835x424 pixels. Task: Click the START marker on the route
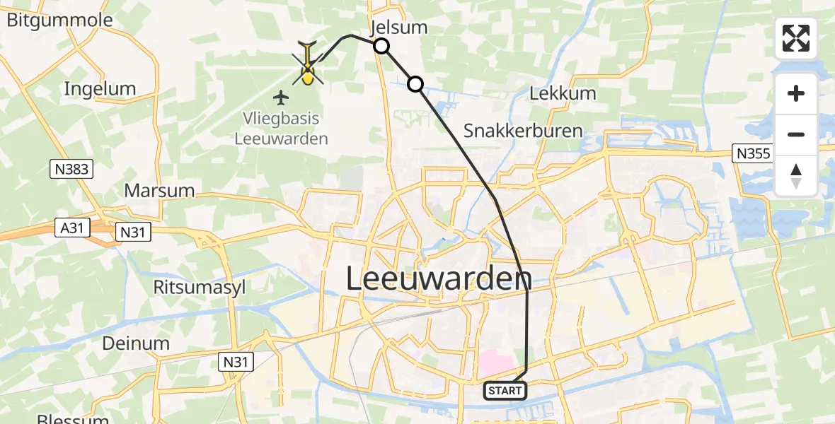pyautogui.click(x=505, y=390)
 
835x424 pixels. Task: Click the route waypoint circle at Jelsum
pyautogui.click(x=381, y=47)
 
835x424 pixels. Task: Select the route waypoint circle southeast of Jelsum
pyautogui.click(x=415, y=85)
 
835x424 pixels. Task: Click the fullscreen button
pyautogui.click(x=796, y=38)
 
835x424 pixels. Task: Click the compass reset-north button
pyautogui.click(x=796, y=175)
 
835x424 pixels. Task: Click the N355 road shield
pyautogui.click(x=751, y=153)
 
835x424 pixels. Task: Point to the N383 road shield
pyautogui.click(x=71, y=168)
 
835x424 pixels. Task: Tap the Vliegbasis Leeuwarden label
pyautogui.click(x=282, y=129)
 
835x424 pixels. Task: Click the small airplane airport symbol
pyautogui.click(x=282, y=97)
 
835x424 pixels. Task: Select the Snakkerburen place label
pyautogui.click(x=523, y=131)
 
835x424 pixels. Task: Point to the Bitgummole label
pyautogui.click(x=59, y=20)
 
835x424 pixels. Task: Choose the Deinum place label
pyautogui.click(x=136, y=344)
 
